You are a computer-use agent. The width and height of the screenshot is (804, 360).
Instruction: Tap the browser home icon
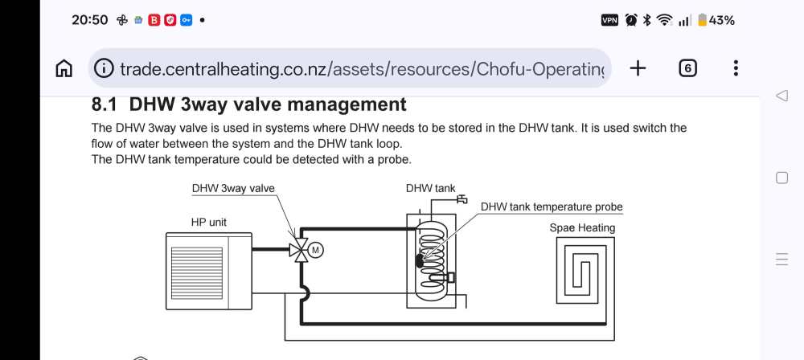coord(64,68)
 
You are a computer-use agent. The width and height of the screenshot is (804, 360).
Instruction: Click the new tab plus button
coord(638,68)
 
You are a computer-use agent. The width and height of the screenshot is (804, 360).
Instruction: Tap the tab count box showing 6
coord(687,68)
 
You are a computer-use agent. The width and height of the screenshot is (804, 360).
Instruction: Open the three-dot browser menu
coord(736,68)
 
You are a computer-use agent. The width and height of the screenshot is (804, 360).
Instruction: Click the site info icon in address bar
coord(105,68)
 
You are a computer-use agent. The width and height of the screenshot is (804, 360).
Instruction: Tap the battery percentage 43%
coord(720,20)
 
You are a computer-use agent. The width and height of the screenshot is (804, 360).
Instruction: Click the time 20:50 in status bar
coord(89,20)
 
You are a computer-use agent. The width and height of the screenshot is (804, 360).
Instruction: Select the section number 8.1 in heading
coord(105,104)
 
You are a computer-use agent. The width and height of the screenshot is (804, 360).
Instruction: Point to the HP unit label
coord(209,221)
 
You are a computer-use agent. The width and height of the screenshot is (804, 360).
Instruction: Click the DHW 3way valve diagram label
coord(233,189)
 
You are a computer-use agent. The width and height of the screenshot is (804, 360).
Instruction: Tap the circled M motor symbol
coord(315,250)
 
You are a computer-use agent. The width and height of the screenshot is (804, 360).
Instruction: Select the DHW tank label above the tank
coord(430,189)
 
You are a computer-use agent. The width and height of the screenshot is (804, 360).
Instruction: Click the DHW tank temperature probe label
coord(552,207)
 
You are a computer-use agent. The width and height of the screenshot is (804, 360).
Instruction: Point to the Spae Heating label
coord(582,227)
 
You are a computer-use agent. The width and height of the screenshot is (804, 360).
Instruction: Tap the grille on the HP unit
coord(197,271)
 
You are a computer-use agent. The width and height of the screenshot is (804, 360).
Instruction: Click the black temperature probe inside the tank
coord(419,260)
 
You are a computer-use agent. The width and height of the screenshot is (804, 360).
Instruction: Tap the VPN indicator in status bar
coord(610,20)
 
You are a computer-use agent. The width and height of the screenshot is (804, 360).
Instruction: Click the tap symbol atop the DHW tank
coord(461,198)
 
